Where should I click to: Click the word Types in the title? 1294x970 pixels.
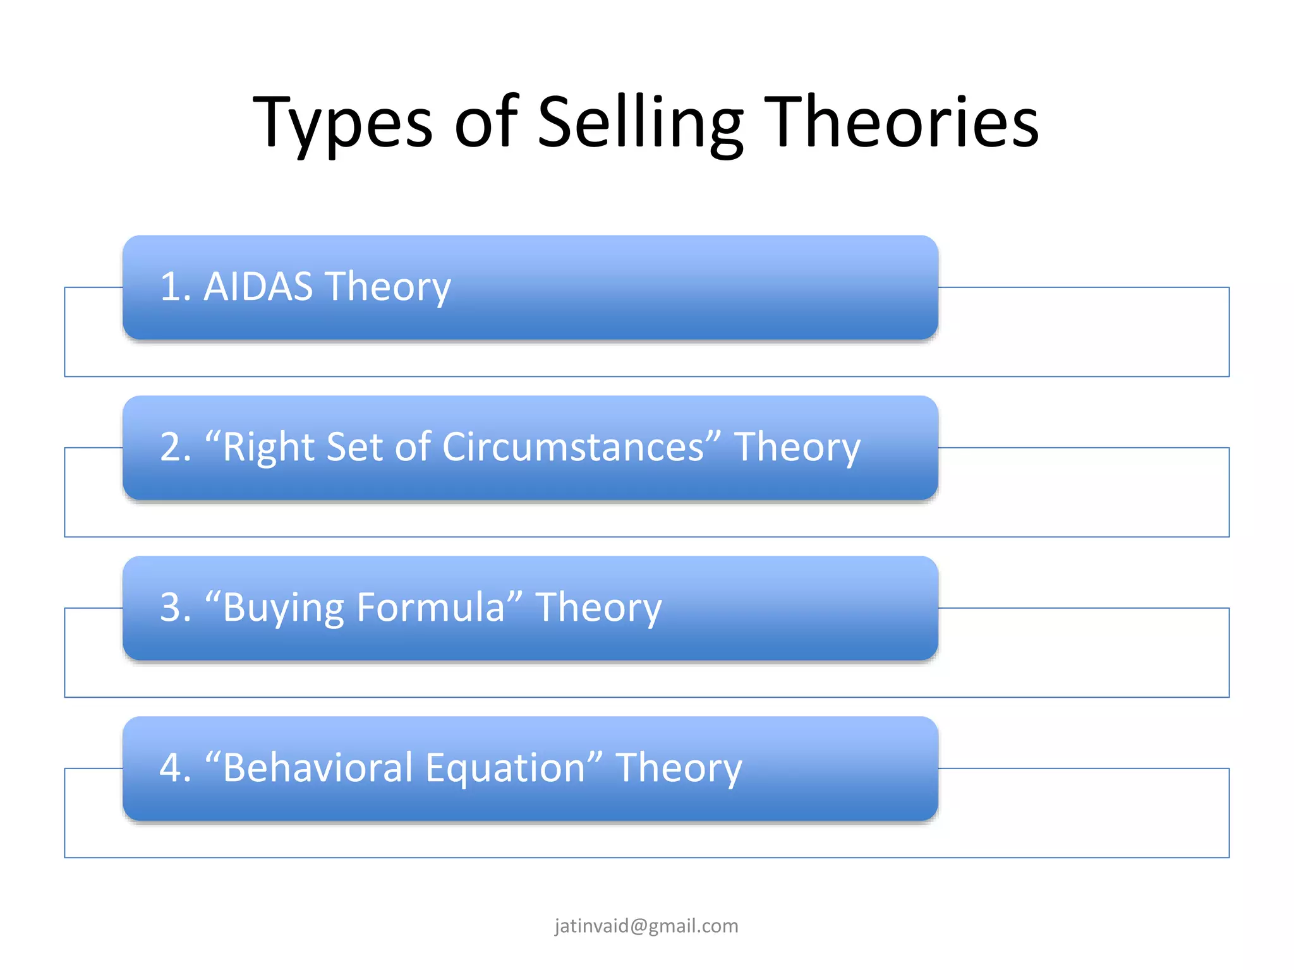click(342, 123)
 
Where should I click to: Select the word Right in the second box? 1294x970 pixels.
click(269, 448)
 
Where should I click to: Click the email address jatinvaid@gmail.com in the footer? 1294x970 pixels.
click(646, 926)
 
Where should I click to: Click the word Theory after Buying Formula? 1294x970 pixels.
click(598, 609)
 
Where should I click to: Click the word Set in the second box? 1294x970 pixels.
click(355, 447)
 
